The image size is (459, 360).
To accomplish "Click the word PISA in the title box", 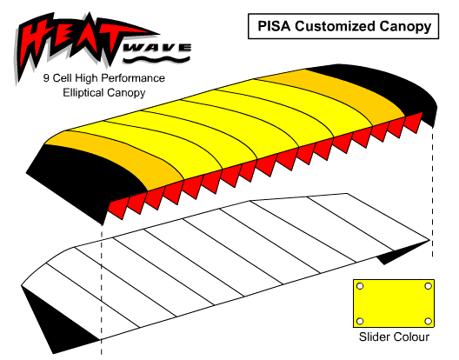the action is [x=274, y=26].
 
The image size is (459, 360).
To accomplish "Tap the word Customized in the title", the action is [x=335, y=26].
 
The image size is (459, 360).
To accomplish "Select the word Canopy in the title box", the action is [x=405, y=27].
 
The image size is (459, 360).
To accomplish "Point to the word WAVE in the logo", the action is [x=156, y=49].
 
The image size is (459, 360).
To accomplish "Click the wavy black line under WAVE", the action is [x=156, y=59].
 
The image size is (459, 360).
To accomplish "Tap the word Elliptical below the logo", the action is [x=83, y=93].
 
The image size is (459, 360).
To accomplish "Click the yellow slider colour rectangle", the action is [x=394, y=303].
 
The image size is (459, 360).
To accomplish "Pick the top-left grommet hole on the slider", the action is [x=360, y=286].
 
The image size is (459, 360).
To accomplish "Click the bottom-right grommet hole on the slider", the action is [x=428, y=321].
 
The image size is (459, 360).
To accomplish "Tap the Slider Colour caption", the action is [x=394, y=337].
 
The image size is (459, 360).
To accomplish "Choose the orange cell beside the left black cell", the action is [x=123, y=152].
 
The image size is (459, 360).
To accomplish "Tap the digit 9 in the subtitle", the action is [x=46, y=78].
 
